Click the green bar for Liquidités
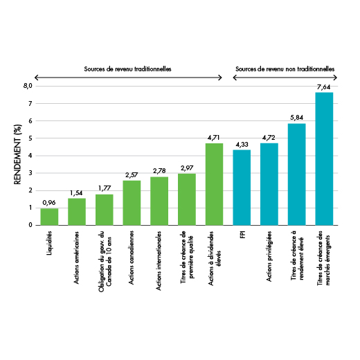[x=49, y=217]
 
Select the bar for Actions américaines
[x=77, y=212]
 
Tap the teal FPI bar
[x=242, y=188]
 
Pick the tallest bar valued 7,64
[x=324, y=159]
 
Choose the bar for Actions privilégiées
[x=269, y=184]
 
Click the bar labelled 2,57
[x=132, y=203]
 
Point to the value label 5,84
[x=296, y=118]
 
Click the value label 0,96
[x=49, y=203]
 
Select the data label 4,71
[x=214, y=138]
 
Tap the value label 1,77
[x=105, y=188]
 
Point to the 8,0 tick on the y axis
[x=28, y=86]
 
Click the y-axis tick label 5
[x=30, y=138]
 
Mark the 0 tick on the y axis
[x=30, y=225]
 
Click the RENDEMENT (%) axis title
[x=17, y=154]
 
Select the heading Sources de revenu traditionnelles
[x=127, y=69]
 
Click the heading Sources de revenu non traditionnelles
[x=285, y=69]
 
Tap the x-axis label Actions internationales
[x=159, y=261]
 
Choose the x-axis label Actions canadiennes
[x=131, y=258]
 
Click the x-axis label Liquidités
[x=49, y=243]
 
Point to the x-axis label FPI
[x=242, y=235]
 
